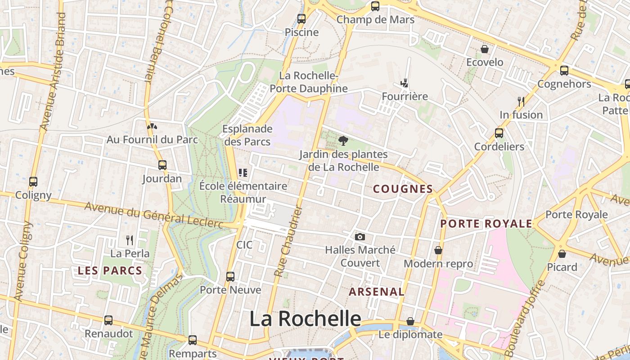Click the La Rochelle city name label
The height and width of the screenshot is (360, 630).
pyautogui.click(x=305, y=319)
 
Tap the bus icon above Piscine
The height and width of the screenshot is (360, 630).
pyautogui.click(x=301, y=19)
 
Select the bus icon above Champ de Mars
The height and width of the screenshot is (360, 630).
pyautogui.click(x=375, y=6)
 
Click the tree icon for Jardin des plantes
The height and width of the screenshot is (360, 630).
pyautogui.click(x=343, y=141)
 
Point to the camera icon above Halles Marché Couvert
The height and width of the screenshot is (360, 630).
pyautogui.click(x=360, y=237)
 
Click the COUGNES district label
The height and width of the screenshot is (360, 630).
pyautogui.click(x=403, y=189)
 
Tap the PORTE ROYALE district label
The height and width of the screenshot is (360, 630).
pyautogui.click(x=486, y=224)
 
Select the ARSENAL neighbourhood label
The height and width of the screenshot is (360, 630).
pyautogui.click(x=377, y=292)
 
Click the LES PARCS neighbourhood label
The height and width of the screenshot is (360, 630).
pyautogui.click(x=110, y=271)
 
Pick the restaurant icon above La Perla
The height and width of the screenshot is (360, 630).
pyautogui.click(x=130, y=240)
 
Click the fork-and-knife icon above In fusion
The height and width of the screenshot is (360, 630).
pyautogui.click(x=521, y=101)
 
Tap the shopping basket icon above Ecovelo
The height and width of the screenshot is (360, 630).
pyautogui.click(x=485, y=49)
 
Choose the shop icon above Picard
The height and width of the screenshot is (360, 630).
pyautogui.click(x=562, y=254)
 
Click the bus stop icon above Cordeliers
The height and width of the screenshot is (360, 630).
pyautogui.click(x=499, y=133)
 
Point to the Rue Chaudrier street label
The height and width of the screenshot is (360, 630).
pyautogui.click(x=287, y=241)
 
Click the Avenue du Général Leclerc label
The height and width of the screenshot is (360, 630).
pyautogui.click(x=153, y=215)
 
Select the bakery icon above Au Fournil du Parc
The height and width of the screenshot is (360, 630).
pyautogui.click(x=152, y=126)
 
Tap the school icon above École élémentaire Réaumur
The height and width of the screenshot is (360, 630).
pyautogui.click(x=243, y=172)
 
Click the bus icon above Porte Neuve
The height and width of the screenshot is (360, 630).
pyautogui.click(x=230, y=276)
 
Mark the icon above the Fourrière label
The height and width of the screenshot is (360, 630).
pyautogui.click(x=405, y=83)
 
